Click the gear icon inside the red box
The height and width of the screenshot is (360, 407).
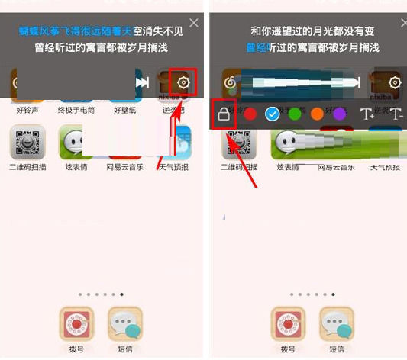(x=183, y=82)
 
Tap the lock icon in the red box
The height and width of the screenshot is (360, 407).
(x=224, y=115)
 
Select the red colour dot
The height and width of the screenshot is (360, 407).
(x=250, y=114)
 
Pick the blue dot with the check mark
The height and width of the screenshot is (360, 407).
(x=273, y=114)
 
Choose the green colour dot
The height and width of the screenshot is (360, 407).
(x=295, y=114)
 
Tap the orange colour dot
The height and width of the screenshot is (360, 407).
(x=317, y=114)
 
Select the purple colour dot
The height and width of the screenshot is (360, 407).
(x=338, y=114)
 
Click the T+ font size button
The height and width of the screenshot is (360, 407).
(x=367, y=115)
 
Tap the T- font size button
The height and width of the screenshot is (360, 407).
(x=395, y=115)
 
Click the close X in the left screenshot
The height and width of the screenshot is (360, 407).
(x=194, y=24)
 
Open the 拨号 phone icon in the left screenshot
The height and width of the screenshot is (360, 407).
(x=76, y=323)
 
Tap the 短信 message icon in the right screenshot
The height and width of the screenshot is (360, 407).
(x=336, y=323)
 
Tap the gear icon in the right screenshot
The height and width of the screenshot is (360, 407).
(x=395, y=82)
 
